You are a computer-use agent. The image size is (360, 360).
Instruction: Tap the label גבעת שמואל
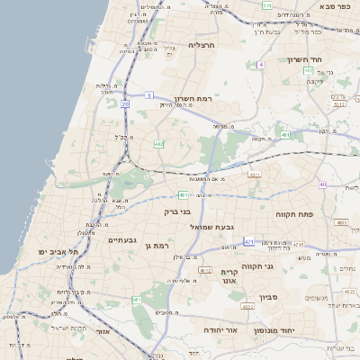tap(213, 227)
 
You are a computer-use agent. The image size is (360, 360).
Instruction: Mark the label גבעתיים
tap(121, 240)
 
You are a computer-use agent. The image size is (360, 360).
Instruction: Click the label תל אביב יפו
tap(57, 251)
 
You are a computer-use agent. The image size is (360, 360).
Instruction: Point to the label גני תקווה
tap(258, 265)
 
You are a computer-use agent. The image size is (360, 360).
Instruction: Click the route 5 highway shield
tap(149, 94)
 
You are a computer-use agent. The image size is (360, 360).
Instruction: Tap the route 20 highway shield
tap(125, 104)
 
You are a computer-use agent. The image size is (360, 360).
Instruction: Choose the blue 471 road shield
tap(249, 241)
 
